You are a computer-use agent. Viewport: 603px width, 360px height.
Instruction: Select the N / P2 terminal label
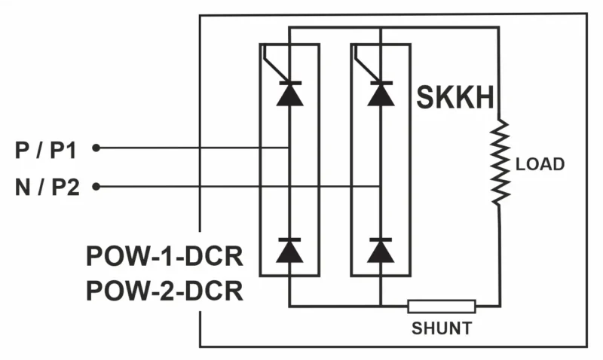click(47, 187)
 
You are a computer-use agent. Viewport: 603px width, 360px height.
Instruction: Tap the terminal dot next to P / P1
click(96, 148)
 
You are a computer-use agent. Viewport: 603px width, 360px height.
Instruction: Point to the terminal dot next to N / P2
click(96, 186)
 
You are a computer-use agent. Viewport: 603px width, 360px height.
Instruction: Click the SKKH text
click(455, 98)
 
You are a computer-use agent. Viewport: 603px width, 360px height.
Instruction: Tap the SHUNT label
click(442, 328)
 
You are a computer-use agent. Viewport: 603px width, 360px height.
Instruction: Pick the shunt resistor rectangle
click(442, 306)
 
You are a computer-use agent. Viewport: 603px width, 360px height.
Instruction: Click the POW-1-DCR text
click(164, 257)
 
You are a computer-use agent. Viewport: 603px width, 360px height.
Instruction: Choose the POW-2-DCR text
click(164, 290)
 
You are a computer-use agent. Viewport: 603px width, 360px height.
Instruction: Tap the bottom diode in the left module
click(289, 250)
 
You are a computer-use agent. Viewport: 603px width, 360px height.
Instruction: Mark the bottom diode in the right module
click(381, 250)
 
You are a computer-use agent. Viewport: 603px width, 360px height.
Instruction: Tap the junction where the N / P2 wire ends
click(381, 186)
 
